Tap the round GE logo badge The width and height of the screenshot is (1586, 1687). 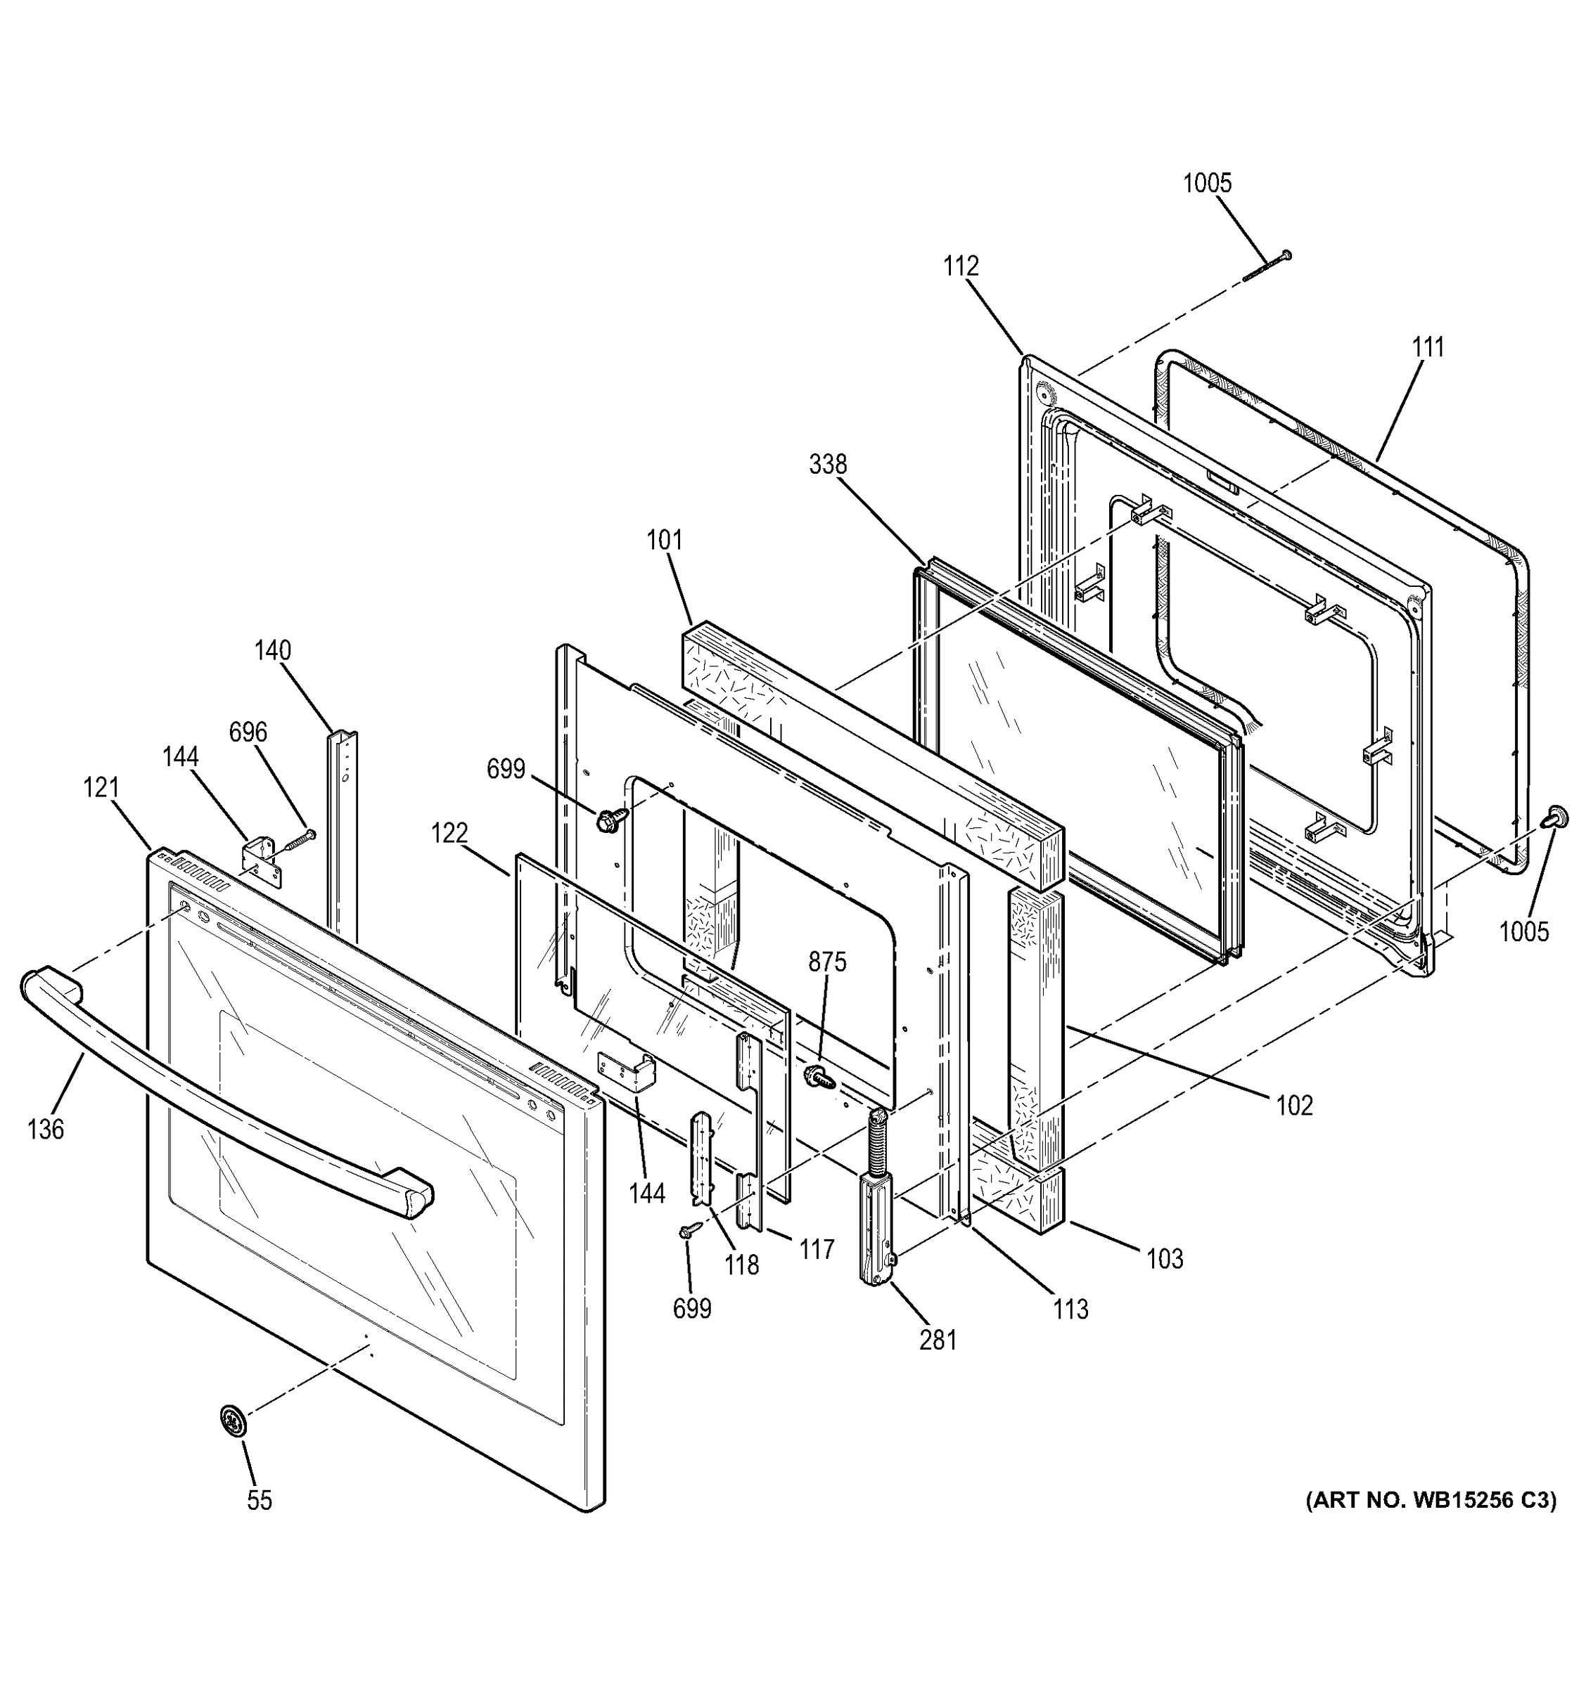click(x=234, y=1421)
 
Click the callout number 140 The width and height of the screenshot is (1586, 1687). click(x=273, y=650)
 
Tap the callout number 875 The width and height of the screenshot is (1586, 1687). click(x=827, y=962)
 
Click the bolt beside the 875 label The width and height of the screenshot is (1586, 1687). click(x=819, y=1077)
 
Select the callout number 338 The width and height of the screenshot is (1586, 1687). click(x=828, y=464)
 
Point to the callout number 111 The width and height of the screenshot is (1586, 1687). click(x=1428, y=347)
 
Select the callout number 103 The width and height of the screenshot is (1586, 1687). click(x=1164, y=1258)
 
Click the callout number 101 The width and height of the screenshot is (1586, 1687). click(x=664, y=540)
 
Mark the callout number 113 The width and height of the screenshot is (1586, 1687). click(x=1070, y=1310)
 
